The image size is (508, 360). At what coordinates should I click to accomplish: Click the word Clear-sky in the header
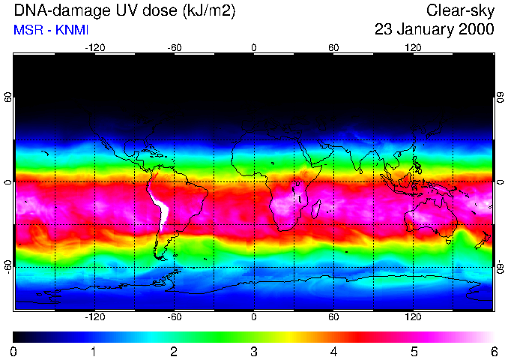click(x=461, y=10)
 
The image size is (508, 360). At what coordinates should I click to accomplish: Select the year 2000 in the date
click(x=476, y=29)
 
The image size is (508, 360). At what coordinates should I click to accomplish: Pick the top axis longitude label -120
click(x=94, y=47)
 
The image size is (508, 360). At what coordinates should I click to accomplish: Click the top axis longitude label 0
click(x=254, y=47)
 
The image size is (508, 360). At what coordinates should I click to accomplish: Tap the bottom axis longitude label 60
click(x=333, y=317)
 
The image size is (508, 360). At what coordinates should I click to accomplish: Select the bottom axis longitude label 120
click(x=413, y=317)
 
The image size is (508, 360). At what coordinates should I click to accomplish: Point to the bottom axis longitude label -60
click(x=175, y=317)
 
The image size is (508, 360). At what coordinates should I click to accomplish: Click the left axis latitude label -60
click(x=7, y=266)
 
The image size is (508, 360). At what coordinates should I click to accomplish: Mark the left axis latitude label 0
click(x=7, y=182)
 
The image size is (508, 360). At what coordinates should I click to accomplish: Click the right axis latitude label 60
click(x=500, y=98)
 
